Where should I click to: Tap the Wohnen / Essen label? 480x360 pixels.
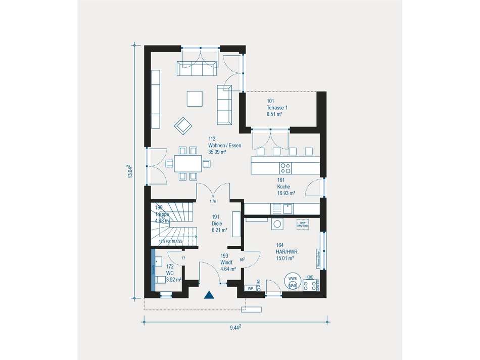(x=224, y=145)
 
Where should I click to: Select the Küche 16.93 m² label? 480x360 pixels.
(x=286, y=186)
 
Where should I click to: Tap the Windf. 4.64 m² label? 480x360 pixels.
(x=228, y=262)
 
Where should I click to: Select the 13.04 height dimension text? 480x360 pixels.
(x=129, y=172)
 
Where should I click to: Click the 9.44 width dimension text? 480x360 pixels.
(x=235, y=328)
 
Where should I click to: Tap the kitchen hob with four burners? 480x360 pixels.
(x=285, y=167)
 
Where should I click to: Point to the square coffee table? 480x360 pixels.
(x=195, y=98)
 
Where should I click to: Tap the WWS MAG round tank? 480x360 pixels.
(x=292, y=283)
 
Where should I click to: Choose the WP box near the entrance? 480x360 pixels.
(x=250, y=288)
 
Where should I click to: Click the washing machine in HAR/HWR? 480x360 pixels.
(x=277, y=224)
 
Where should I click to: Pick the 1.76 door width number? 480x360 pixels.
(x=213, y=202)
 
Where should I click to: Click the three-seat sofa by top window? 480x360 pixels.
(x=198, y=68)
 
